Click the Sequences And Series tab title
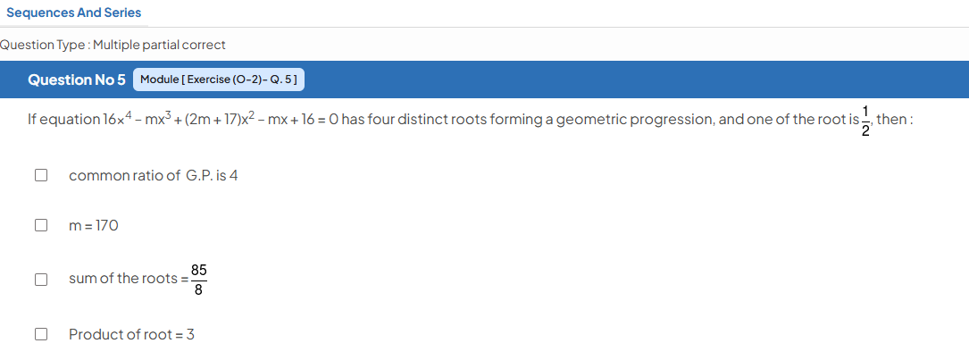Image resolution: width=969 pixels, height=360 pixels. coord(73,13)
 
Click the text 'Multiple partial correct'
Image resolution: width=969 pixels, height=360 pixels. coord(160,46)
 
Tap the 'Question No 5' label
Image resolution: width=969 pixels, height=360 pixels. coord(77,80)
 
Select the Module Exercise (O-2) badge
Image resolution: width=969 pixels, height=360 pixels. coord(219,80)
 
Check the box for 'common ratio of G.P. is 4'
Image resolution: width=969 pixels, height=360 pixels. coord(41,176)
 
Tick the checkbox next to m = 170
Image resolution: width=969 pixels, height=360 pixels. coord(41,225)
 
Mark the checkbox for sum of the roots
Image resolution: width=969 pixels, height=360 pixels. coord(41,280)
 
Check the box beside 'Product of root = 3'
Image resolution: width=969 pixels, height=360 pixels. coord(41,335)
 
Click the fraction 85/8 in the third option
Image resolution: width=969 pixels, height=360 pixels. coord(198,280)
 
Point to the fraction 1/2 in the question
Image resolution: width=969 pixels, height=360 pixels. coord(865,120)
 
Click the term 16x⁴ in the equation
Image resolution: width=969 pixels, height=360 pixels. coord(118,118)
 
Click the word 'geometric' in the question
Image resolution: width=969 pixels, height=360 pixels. coord(587,120)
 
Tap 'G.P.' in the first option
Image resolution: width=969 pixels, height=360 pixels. coord(199,176)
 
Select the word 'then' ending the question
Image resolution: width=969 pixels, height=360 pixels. coord(890,119)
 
